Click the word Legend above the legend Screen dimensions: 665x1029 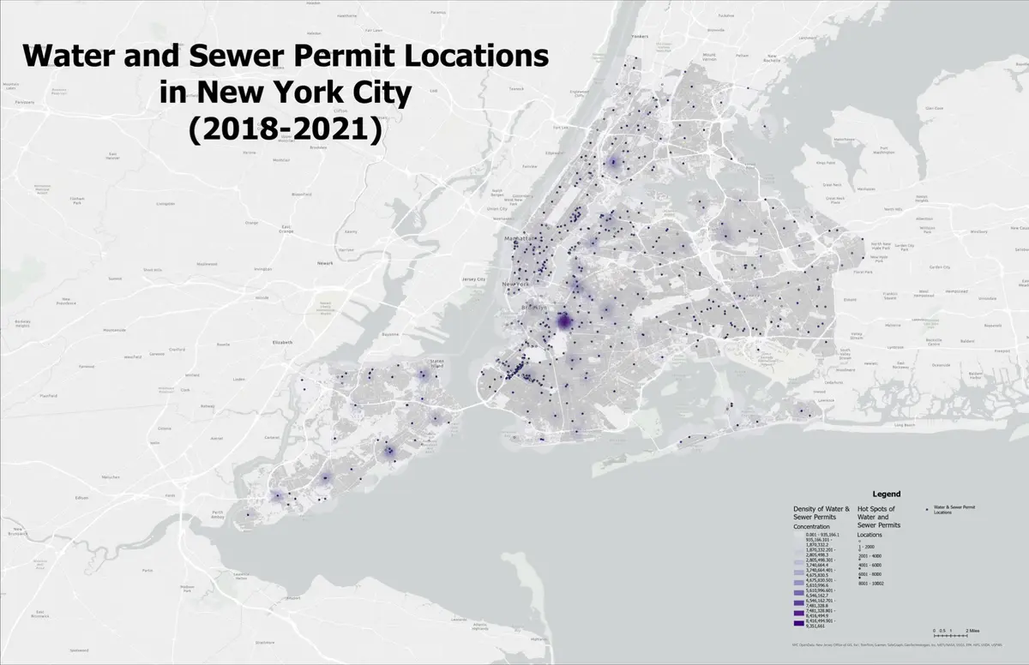pos(886,494)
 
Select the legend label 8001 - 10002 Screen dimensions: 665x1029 pos(872,584)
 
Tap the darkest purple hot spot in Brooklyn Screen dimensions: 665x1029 pos(563,321)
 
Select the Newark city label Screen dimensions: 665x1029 pos(324,263)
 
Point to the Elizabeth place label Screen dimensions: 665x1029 pos(283,342)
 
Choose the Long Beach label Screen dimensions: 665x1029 pos(904,425)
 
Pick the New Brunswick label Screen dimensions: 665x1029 pos(15,614)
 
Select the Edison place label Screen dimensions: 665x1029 pos(82,497)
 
